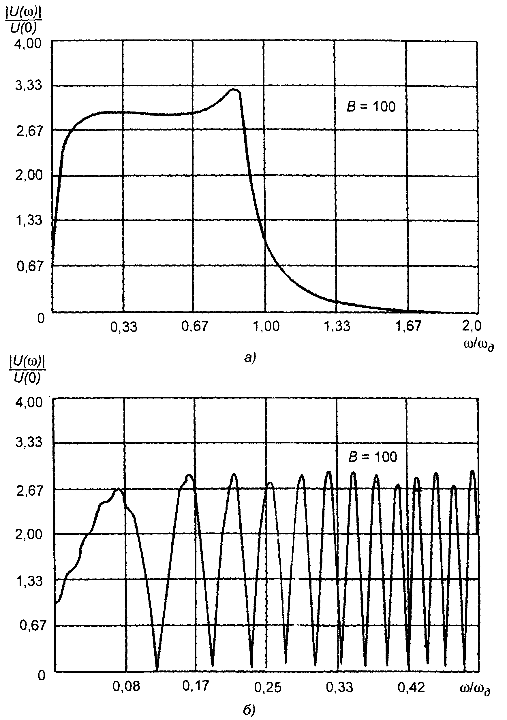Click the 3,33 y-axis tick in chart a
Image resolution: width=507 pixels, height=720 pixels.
coord(28,85)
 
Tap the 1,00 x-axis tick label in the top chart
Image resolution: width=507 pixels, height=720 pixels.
coord(266,326)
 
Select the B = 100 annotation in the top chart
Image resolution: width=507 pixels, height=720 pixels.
coord(371,107)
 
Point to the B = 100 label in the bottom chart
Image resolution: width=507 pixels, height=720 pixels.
coord(373,457)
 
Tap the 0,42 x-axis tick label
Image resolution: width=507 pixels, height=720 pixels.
coord(411,687)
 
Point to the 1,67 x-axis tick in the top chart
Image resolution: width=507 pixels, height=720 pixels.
coord(408,326)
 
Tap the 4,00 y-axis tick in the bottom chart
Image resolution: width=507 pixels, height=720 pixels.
coord(29,402)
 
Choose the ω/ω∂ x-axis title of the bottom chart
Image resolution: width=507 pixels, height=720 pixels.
coord(475,689)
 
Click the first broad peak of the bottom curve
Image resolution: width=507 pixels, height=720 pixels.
coord(118,489)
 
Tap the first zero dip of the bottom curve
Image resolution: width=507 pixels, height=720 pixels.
coord(157,670)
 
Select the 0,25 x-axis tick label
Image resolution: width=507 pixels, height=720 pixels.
coord(267,687)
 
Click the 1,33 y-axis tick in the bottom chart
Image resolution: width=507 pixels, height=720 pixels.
coord(29,581)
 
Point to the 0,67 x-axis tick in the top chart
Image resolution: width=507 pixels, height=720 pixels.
coord(195,326)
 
